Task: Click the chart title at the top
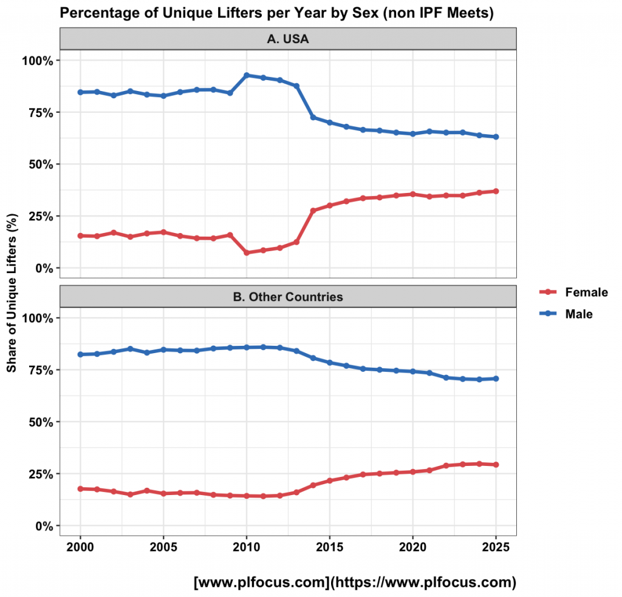click(276, 13)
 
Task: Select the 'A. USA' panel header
click(288, 39)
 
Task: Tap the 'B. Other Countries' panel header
click(288, 297)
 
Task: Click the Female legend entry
click(573, 292)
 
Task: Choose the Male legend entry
click(566, 314)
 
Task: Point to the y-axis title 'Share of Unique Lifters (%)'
click(12, 293)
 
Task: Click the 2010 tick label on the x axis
click(247, 547)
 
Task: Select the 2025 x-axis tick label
click(496, 547)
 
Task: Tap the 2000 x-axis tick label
click(80, 547)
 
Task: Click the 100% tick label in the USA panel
click(37, 61)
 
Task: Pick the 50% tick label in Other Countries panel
click(41, 422)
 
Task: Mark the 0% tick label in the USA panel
click(44, 268)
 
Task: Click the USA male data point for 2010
click(247, 75)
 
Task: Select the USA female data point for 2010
click(247, 252)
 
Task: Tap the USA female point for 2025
click(496, 191)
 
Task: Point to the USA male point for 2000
click(80, 92)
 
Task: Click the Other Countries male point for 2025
click(496, 379)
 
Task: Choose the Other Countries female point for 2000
click(80, 489)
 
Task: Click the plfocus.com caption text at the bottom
click(355, 582)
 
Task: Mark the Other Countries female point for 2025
click(496, 465)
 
